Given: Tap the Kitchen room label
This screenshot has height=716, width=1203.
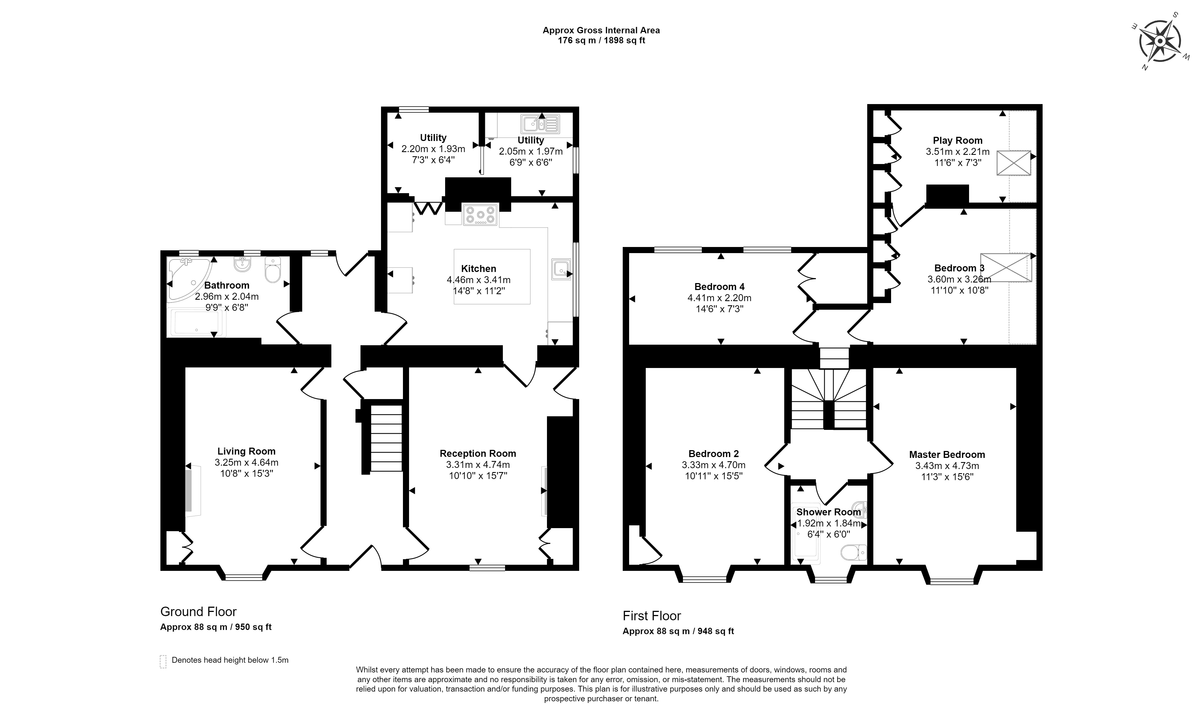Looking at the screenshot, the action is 478,269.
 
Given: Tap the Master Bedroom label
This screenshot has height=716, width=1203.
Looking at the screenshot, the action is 947,455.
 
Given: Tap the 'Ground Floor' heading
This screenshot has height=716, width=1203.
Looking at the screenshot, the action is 198,612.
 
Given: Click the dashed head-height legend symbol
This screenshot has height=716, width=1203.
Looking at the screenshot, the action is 163,662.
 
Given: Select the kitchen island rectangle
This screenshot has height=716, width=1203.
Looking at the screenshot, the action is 492,276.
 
